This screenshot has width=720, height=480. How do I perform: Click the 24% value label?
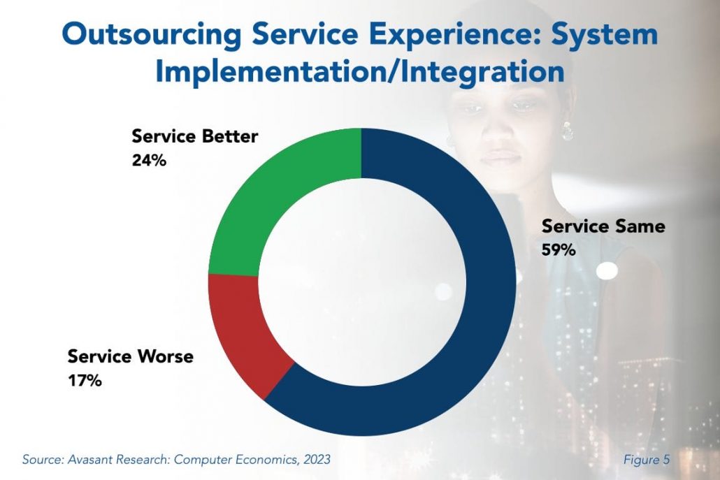point(149,160)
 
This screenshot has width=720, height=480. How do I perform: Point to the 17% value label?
point(85,381)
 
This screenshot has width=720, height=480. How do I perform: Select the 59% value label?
point(559,249)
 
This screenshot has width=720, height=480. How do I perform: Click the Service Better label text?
point(195,136)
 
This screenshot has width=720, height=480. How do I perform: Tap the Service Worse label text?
point(130,357)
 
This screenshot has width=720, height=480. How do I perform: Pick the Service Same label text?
point(603,226)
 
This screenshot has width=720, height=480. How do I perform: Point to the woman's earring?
point(567,131)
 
